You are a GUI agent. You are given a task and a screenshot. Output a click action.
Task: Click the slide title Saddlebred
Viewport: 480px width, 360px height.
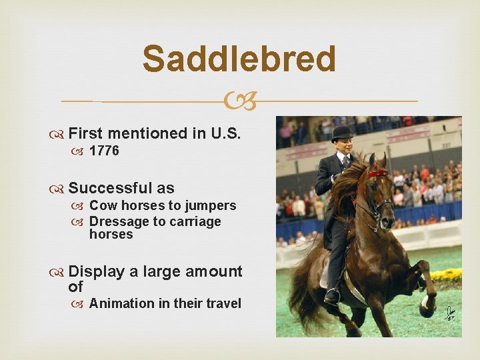pyautogui.click(x=239, y=59)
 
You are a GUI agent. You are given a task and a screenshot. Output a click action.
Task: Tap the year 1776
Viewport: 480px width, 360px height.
pyautogui.click(x=104, y=151)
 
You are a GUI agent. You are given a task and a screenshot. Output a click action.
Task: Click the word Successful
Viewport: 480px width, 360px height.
pyautogui.click(x=110, y=189)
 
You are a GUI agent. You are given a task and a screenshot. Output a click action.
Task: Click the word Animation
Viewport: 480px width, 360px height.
pyautogui.click(x=121, y=303)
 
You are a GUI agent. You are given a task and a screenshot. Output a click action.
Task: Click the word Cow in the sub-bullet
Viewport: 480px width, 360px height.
pyautogui.click(x=101, y=205)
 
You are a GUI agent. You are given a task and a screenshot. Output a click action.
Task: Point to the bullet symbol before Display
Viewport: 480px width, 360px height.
pyautogui.click(x=59, y=272)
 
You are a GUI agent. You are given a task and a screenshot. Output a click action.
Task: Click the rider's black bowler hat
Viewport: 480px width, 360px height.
pyautogui.click(x=342, y=133)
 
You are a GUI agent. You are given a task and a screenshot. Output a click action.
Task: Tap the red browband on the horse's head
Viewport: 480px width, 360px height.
pyautogui.click(x=378, y=173)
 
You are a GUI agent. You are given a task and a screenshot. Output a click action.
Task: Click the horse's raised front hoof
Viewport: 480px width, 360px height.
pyautogui.click(x=427, y=309)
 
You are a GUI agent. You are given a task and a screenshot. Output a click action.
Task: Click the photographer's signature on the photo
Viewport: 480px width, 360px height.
pyautogui.click(x=449, y=311)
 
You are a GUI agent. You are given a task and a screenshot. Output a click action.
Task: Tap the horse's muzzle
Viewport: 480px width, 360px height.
pyautogui.click(x=386, y=235)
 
